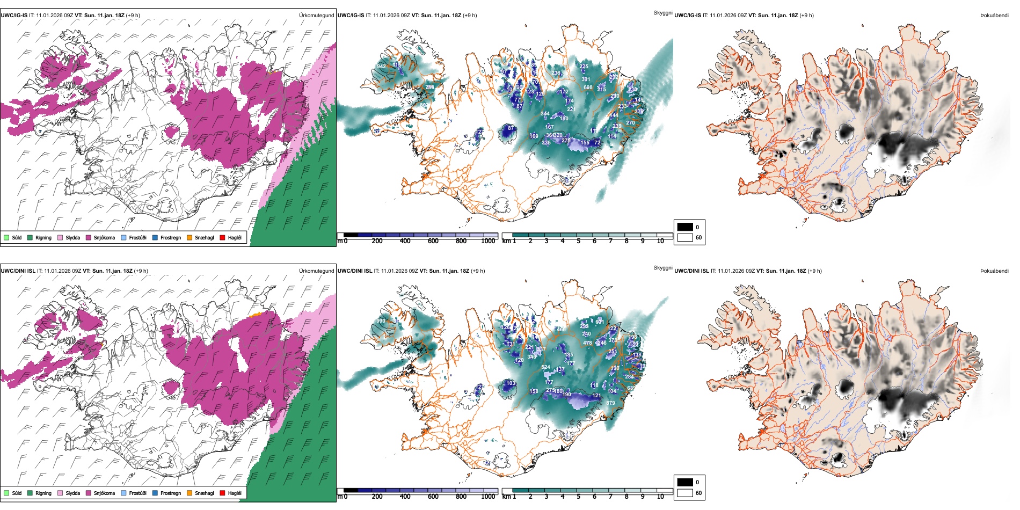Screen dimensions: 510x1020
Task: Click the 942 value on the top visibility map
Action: (381, 67)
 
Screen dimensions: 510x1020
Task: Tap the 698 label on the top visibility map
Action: (588, 88)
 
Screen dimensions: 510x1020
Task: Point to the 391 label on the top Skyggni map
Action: (586, 79)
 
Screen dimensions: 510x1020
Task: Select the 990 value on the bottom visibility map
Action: (381, 321)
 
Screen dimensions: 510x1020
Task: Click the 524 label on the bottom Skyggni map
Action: (545, 368)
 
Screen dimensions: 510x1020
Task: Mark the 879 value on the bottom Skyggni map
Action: (610, 403)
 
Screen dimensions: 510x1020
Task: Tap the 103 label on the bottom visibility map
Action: (511, 383)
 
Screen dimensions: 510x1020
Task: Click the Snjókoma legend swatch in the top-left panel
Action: (89, 237)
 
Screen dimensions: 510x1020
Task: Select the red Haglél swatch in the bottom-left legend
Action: (222, 493)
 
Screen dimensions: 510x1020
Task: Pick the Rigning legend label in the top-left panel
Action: (43, 237)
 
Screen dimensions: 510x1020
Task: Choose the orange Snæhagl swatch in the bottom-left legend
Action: (190, 493)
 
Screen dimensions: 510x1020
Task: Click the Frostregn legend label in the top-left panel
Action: (171, 237)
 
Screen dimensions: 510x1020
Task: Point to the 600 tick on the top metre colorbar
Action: (433, 241)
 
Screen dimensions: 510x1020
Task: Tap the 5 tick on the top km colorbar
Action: (578, 241)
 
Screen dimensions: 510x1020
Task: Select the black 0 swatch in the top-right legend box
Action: (685, 227)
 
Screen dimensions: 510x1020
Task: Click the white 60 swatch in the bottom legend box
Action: (685, 493)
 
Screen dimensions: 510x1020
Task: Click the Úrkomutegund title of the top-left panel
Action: (316, 16)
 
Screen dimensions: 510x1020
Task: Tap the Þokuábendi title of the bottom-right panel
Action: (994, 271)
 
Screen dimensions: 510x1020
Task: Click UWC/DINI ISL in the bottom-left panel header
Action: (18, 271)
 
